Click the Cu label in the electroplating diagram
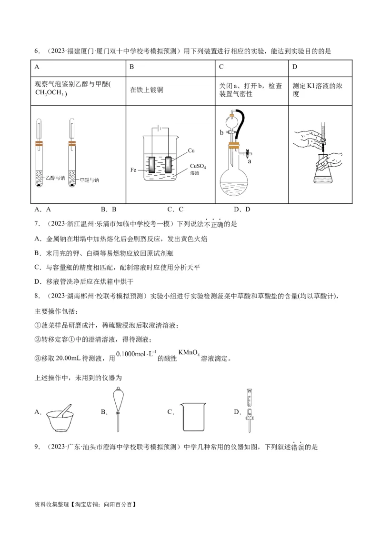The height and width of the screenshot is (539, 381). [191, 150]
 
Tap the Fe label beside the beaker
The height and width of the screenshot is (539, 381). [134, 170]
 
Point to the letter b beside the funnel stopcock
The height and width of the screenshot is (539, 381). [221, 133]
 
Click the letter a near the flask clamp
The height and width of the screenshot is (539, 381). [250, 161]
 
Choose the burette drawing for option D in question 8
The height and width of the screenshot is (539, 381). [249, 409]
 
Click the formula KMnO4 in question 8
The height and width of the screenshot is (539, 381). [189, 353]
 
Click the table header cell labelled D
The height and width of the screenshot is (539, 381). [295, 67]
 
